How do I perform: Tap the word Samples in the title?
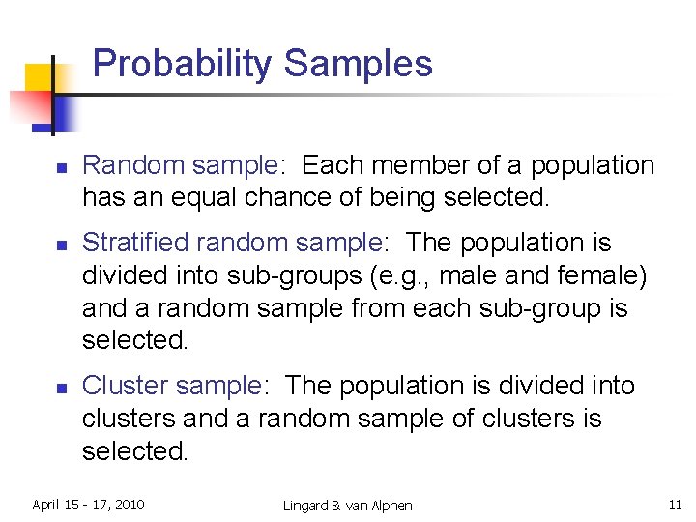coord(359,64)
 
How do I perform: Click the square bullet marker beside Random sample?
coord(60,167)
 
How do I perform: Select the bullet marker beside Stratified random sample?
coord(60,245)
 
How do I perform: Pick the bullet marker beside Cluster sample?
coord(60,388)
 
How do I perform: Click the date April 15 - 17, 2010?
coord(88,505)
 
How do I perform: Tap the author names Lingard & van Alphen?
coord(348,506)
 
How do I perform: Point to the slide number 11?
coord(675,505)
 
